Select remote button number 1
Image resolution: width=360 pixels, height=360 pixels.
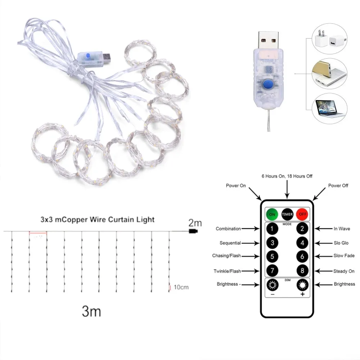(272, 229)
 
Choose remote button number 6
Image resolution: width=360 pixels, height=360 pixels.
(302, 257)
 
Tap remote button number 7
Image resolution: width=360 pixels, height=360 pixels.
(272, 270)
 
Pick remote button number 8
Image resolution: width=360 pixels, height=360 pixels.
(302, 270)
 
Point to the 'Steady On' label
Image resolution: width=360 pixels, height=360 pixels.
(344, 271)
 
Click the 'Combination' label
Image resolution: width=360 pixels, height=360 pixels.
(228, 229)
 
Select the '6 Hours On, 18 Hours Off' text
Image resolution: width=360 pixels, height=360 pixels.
(287, 176)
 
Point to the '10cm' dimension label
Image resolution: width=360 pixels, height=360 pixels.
(181, 287)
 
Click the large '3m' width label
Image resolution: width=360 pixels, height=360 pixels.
(91, 311)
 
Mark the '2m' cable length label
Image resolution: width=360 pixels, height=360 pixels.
(195, 223)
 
